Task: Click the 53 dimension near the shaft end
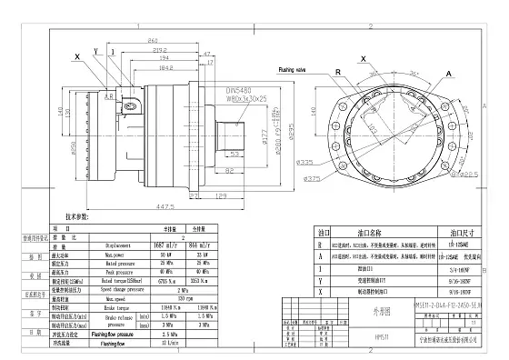233,155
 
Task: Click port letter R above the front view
337,70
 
